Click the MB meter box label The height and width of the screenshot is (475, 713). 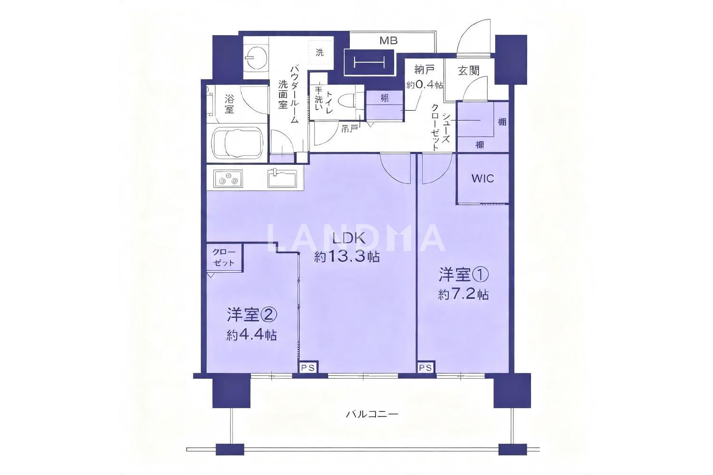click(x=388, y=41)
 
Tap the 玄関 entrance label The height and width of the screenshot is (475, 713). click(x=469, y=70)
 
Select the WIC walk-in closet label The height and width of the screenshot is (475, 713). click(x=482, y=179)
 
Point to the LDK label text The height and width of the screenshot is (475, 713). click(x=347, y=238)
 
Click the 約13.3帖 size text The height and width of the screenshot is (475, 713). click(x=347, y=257)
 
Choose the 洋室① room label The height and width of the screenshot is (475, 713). click(x=463, y=275)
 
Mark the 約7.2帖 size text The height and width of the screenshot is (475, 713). click(x=463, y=295)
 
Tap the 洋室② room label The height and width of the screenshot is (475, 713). click(x=252, y=314)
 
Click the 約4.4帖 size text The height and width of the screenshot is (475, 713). click(x=251, y=335)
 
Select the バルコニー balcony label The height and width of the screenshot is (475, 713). click(x=372, y=414)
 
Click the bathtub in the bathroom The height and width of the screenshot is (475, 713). click(x=238, y=143)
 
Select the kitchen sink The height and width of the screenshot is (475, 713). click(x=282, y=178)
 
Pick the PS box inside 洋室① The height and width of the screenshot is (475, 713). click(x=425, y=368)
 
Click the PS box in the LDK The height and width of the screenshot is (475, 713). click(x=308, y=368)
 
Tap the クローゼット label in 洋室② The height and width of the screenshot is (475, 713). click(x=224, y=257)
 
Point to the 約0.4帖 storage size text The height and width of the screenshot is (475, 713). click(x=424, y=85)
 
